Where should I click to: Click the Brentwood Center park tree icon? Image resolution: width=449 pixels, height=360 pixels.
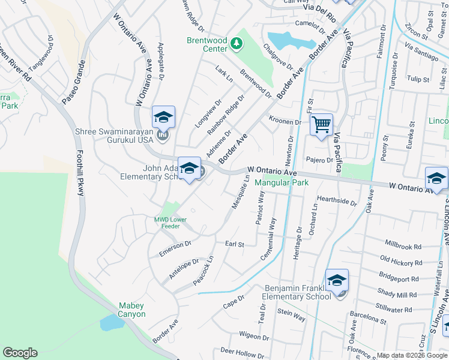pyautogui.click(x=237, y=43)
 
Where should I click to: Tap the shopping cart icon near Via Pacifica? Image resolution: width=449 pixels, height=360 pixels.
pyautogui.click(x=321, y=125)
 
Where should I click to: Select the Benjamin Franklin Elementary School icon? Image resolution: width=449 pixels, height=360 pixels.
pyautogui.click(x=337, y=280)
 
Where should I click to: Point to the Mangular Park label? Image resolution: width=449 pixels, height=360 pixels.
pyautogui.click(x=282, y=182)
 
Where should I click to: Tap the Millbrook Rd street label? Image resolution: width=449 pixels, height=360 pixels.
pyautogui.click(x=402, y=247)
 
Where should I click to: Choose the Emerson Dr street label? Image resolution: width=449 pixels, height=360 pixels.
pyautogui.click(x=175, y=249)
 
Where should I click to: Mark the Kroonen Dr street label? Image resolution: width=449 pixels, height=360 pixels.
pyautogui.click(x=285, y=122)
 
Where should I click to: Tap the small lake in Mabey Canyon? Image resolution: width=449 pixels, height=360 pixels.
pyautogui.click(x=112, y=323)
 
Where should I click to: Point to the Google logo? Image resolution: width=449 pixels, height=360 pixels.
pyautogui.click(x=20, y=353)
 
